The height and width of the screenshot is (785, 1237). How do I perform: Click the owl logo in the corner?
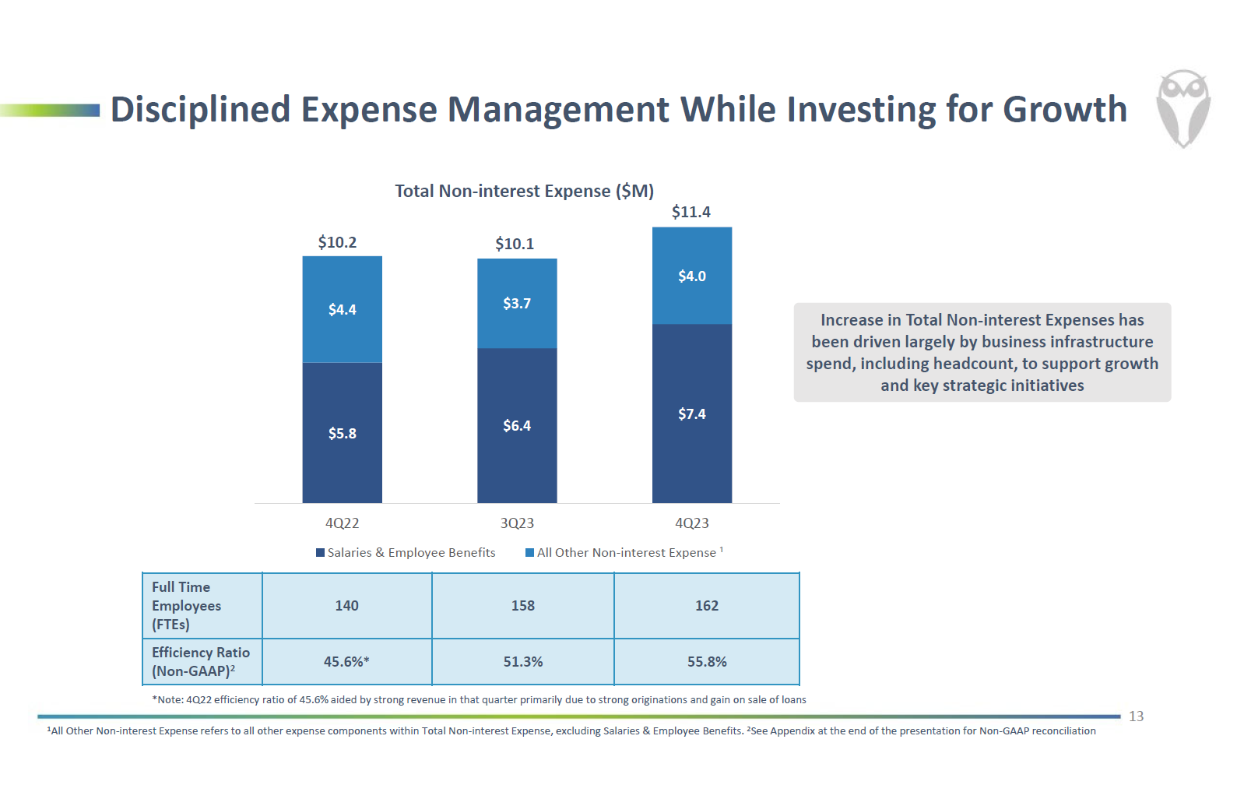(1183, 108)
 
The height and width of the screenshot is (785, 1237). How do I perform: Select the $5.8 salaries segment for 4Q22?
(342, 433)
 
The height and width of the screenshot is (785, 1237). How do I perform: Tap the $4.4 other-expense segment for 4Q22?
(342, 309)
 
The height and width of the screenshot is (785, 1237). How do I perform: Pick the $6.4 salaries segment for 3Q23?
(517, 425)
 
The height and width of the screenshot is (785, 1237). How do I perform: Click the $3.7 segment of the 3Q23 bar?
(517, 303)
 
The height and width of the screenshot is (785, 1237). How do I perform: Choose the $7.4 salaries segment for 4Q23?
(691, 414)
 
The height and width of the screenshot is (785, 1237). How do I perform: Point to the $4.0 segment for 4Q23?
(691, 276)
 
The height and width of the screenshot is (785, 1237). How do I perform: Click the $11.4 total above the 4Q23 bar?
(691, 212)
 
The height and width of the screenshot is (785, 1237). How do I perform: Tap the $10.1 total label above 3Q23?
(515, 244)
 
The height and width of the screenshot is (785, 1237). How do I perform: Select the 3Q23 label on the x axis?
(517, 523)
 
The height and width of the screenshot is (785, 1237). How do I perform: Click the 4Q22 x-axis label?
(342, 523)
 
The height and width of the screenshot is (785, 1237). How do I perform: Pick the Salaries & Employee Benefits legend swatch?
(320, 553)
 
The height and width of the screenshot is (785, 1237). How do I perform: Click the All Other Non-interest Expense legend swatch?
(530, 553)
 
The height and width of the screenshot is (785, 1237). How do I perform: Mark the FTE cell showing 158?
(522, 606)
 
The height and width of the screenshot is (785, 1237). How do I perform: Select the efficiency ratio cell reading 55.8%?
(707, 662)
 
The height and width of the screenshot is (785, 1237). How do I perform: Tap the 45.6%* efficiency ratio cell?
(346, 662)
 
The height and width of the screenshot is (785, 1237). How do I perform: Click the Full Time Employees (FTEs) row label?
(187, 606)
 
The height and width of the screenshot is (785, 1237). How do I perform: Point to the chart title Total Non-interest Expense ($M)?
(524, 191)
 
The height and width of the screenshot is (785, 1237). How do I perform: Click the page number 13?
(1136, 716)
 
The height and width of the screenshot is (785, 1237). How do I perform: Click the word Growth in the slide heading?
(1064, 109)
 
